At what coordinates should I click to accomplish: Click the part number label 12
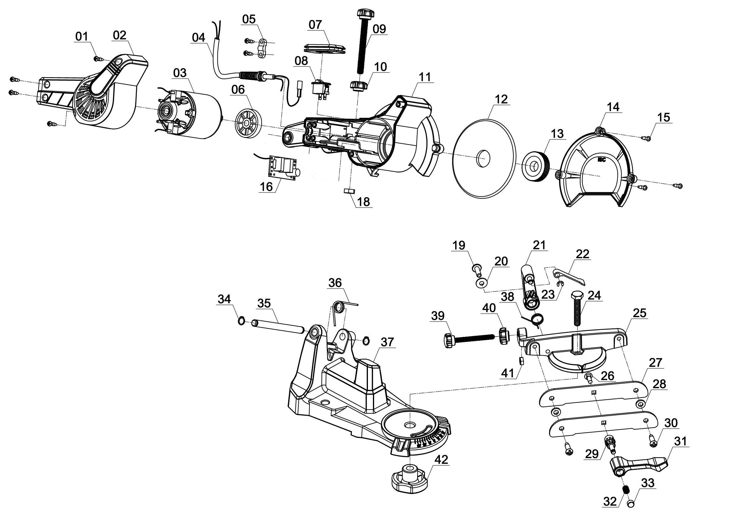(x=501, y=99)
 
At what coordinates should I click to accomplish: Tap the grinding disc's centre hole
(x=483, y=158)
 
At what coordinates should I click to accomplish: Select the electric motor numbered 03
(x=191, y=115)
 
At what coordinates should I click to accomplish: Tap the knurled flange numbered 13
(x=537, y=167)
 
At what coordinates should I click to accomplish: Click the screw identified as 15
(x=646, y=138)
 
